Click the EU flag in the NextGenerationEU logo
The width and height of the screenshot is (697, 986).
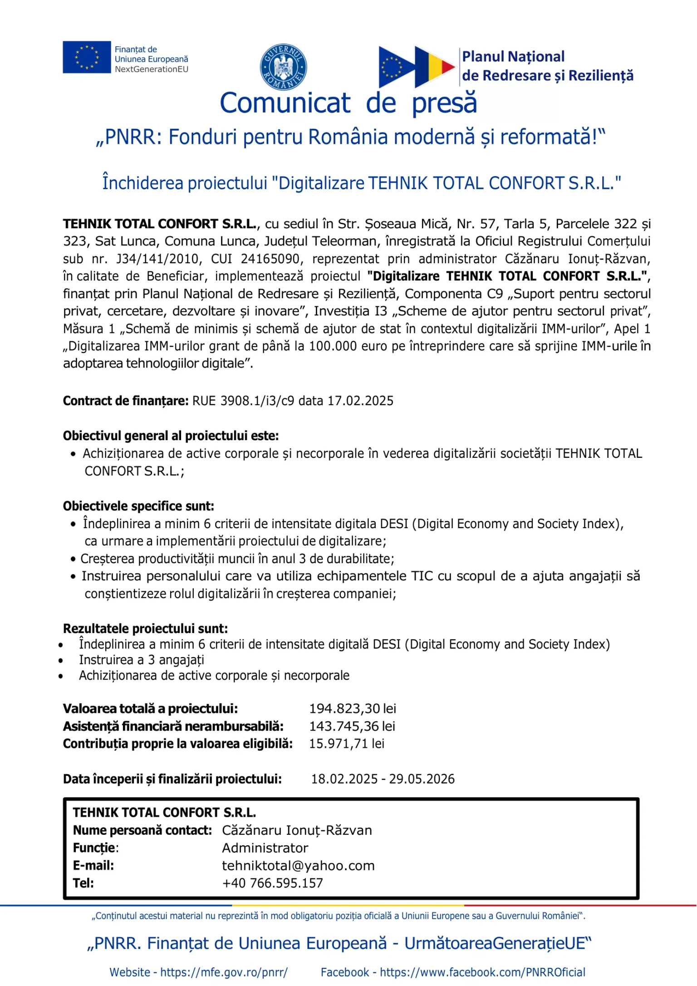86,57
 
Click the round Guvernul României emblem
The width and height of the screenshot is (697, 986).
283,67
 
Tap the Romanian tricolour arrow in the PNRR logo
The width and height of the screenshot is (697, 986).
434,67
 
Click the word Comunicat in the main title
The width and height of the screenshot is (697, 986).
285,103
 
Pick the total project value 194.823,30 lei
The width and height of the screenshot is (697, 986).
353,709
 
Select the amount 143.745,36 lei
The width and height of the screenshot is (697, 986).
352,726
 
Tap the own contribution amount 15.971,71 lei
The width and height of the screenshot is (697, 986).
347,744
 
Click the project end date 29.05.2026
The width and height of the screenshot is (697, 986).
422,779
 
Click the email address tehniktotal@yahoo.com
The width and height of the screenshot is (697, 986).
298,866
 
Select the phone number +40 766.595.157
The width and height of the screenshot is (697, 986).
272,883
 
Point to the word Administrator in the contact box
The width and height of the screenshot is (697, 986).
265,848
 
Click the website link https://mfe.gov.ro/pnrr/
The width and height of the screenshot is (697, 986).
224,972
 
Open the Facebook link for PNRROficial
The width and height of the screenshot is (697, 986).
482,972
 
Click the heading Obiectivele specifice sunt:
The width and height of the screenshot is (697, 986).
138,506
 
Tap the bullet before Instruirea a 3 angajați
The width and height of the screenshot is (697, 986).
61,661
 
